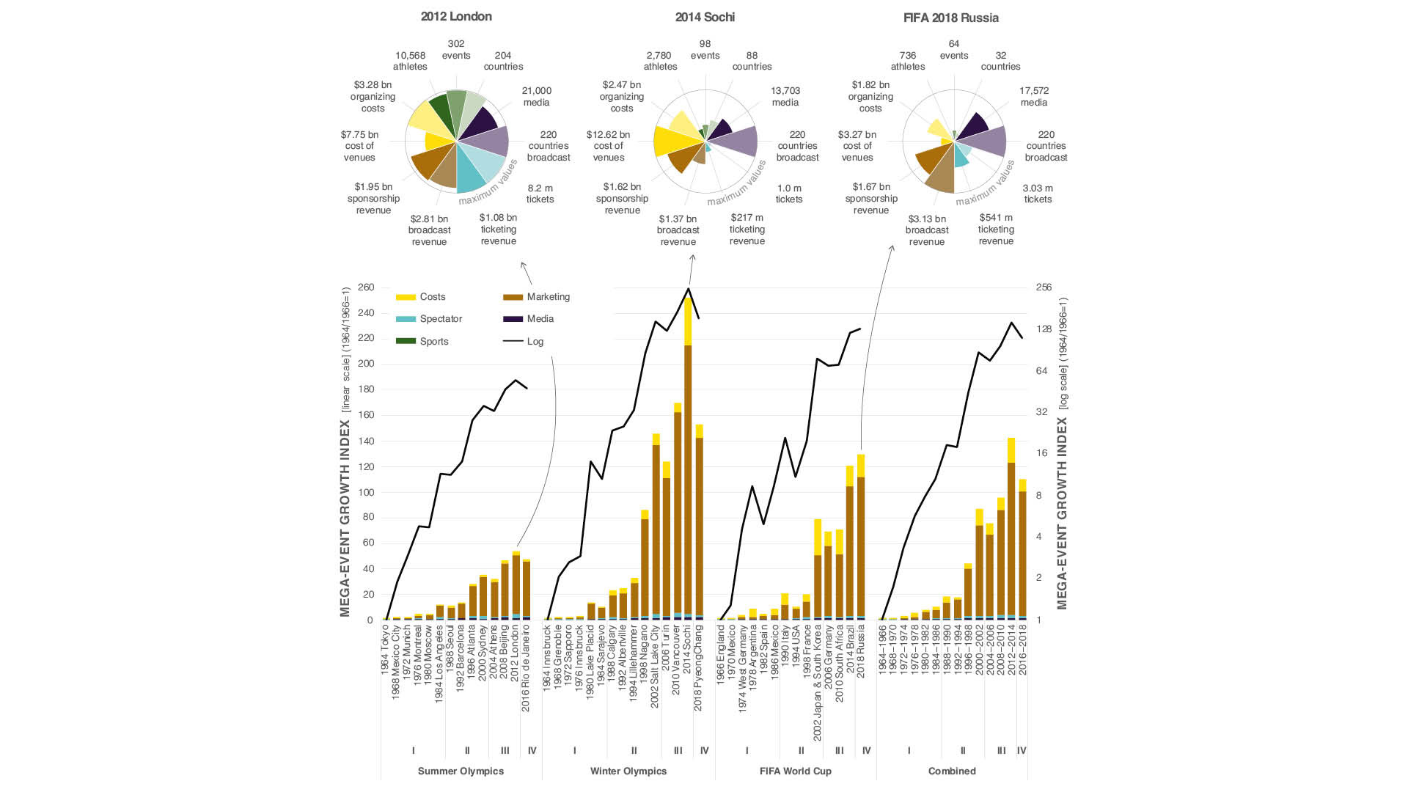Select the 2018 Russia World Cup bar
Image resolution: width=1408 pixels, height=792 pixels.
[861, 543]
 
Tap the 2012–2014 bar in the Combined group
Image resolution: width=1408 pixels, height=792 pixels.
[1011, 535]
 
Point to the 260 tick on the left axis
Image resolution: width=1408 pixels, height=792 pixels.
[366, 287]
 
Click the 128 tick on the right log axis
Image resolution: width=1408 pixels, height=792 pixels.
[1044, 329]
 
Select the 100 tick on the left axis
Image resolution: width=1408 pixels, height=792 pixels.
[366, 493]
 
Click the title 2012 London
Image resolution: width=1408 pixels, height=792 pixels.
[456, 17]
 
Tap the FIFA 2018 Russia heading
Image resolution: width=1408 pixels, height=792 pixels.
[950, 18]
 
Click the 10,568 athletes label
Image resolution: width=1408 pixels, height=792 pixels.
[410, 61]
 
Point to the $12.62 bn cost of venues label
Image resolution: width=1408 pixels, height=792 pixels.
[608, 146]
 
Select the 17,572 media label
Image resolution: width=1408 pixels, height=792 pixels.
[1034, 97]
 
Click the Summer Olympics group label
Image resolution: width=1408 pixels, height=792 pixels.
[461, 771]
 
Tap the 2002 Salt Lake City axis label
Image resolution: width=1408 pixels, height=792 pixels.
[655, 666]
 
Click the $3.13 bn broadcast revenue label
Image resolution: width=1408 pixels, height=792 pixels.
[927, 230]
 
